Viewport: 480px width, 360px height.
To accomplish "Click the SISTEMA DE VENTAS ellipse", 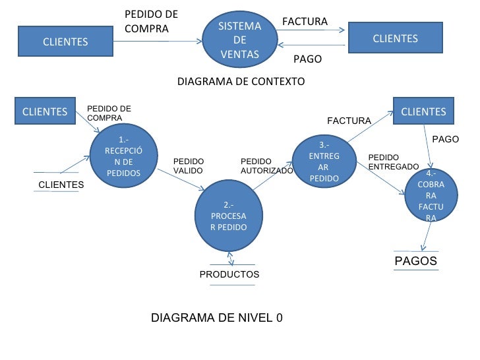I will [240, 40].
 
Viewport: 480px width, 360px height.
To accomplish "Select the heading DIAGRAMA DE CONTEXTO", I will [241, 82].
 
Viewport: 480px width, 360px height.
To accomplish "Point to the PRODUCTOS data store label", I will [229, 274].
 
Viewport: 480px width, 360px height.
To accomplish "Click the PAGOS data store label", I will [415, 261].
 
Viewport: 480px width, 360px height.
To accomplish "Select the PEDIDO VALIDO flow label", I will [189, 165].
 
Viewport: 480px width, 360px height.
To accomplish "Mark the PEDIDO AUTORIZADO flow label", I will [266, 165].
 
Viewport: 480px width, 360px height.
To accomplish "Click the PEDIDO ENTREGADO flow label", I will [392, 162].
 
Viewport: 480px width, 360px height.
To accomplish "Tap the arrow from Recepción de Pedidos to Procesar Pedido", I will [179, 185].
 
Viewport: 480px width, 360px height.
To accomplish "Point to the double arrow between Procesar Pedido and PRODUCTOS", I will [229, 258].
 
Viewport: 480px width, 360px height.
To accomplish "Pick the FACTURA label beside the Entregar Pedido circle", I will [349, 121].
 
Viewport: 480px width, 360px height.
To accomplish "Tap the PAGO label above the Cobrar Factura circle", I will [445, 140].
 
